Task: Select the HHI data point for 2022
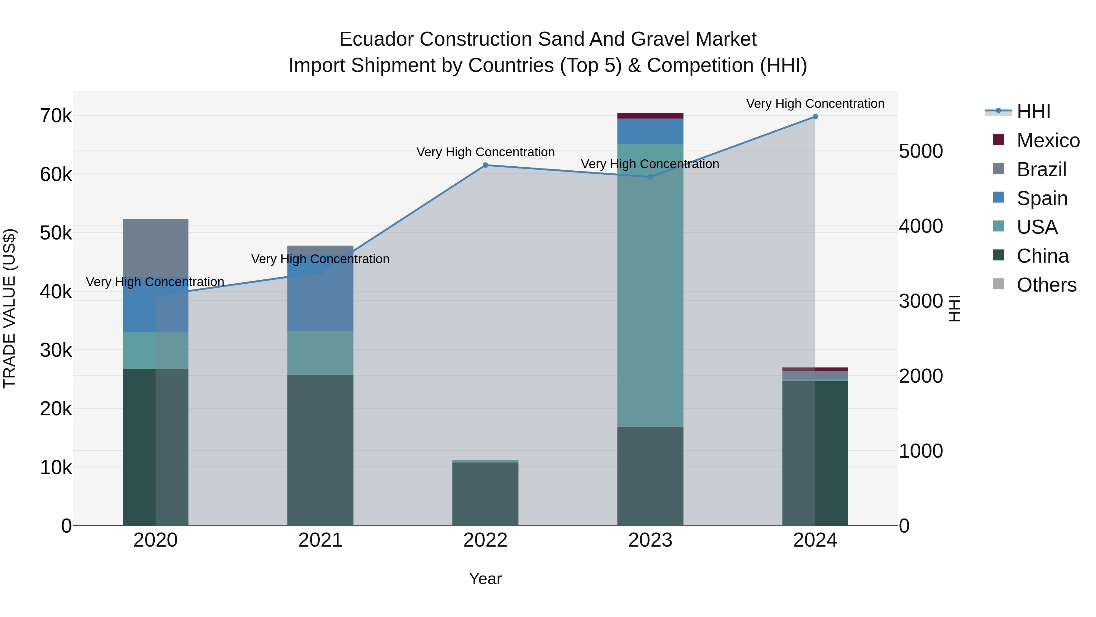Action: [x=486, y=165]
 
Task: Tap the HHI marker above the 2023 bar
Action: [x=650, y=177]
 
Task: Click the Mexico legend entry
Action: [x=1048, y=140]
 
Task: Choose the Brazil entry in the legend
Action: [x=1041, y=169]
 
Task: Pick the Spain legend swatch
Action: [x=999, y=197]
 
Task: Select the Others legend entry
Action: [x=1046, y=285]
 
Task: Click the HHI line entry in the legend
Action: [x=1034, y=112]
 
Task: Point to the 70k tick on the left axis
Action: [x=56, y=116]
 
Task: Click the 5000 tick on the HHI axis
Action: [x=921, y=152]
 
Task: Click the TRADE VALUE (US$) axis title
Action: [x=9, y=308]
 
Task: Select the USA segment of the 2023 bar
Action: [x=650, y=285]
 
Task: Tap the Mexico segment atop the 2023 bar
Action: [x=650, y=116]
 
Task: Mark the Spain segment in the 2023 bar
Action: [x=650, y=131]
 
